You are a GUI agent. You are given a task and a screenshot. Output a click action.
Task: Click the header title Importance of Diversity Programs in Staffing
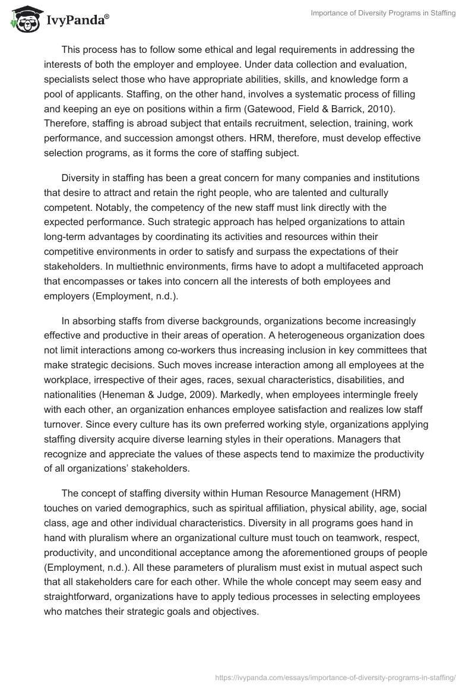coord(383,14)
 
